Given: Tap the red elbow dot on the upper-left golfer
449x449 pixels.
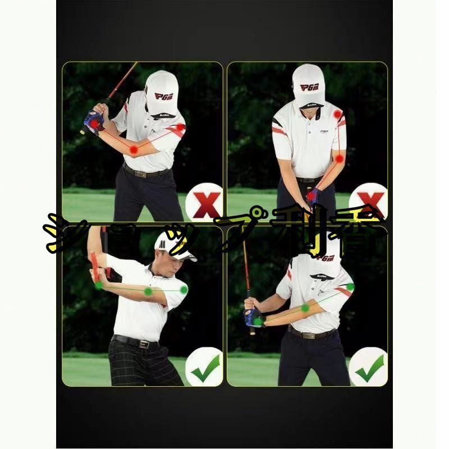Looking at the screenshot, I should [x=134, y=150].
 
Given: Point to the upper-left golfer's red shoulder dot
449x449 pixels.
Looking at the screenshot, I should [x=180, y=127].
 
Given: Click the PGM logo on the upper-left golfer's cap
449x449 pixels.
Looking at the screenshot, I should [x=163, y=96].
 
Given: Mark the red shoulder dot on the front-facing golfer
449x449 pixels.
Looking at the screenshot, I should [x=337, y=114].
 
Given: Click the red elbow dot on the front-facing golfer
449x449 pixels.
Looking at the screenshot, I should [x=339, y=159].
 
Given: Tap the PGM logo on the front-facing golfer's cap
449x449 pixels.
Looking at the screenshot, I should [x=309, y=87].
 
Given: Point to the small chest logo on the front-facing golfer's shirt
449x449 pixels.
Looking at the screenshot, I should [x=324, y=132].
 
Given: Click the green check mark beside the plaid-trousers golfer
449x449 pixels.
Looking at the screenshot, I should [x=205, y=368].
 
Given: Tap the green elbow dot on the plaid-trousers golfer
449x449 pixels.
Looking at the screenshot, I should [x=148, y=291].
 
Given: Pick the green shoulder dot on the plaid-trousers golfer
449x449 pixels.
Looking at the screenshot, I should [x=184, y=290].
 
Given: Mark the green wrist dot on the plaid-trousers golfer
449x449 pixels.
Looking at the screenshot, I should [x=99, y=285].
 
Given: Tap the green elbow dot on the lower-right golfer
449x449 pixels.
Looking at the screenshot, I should [x=305, y=308].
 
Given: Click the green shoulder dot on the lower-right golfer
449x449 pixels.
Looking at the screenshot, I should [x=350, y=287].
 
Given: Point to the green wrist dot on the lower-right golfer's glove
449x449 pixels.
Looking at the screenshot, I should [x=258, y=322].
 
